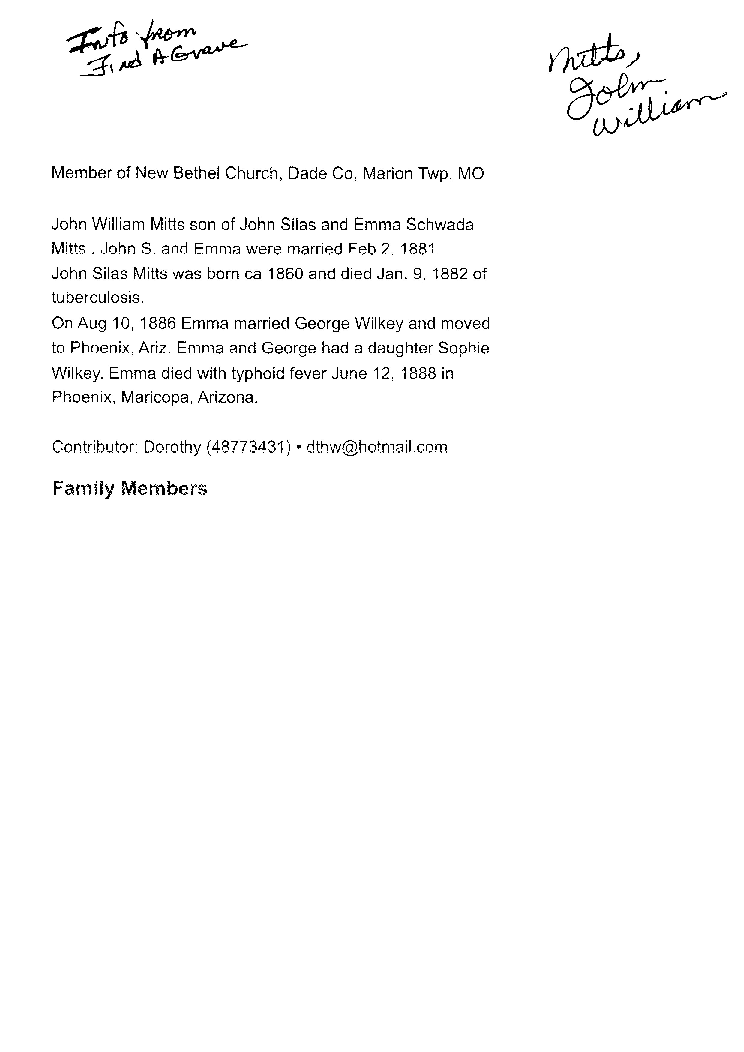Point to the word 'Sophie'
(463, 348)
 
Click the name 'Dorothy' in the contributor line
(172, 447)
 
